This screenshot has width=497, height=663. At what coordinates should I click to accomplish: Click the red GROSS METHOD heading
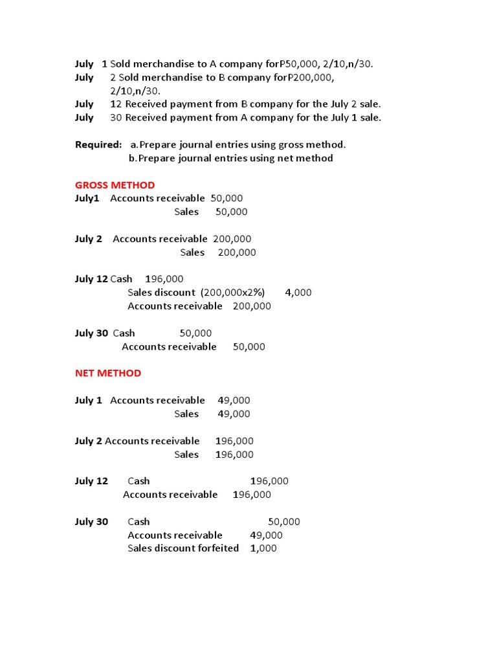coord(115,185)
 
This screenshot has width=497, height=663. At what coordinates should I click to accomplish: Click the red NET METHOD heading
coord(107,373)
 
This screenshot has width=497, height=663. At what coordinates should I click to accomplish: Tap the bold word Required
coord(98,144)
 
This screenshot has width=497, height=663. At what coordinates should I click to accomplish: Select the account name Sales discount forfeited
coord(183,548)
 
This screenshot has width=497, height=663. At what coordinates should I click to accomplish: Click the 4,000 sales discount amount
coord(298,293)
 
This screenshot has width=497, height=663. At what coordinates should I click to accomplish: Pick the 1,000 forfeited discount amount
coord(263,548)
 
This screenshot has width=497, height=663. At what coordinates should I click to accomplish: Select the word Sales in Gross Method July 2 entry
coord(192,253)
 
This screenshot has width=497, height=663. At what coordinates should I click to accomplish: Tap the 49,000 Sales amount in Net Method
coord(234,414)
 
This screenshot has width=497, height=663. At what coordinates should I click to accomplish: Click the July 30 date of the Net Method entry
coord(91,522)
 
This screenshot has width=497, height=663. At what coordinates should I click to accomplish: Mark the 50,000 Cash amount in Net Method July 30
coord(284,522)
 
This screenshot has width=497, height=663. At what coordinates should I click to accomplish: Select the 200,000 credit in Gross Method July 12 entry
coord(252,306)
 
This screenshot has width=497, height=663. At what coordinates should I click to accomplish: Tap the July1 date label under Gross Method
coord(87,198)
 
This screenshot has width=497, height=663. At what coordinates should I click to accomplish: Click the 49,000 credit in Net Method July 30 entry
coord(266,535)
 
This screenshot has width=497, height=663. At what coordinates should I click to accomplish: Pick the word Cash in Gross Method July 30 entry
coord(124,333)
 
